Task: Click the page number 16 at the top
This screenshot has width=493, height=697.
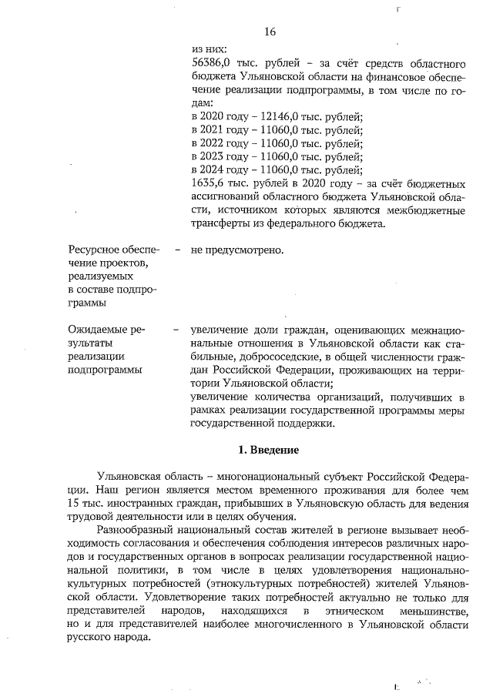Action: (x=270, y=32)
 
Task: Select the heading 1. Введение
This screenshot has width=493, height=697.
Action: (x=268, y=450)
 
